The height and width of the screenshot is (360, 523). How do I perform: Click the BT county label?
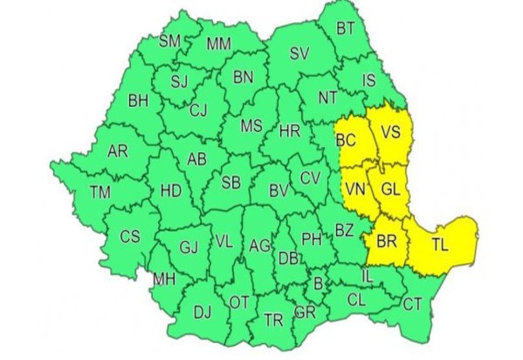(x=345, y=29)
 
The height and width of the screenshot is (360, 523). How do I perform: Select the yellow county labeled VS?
(x=390, y=133)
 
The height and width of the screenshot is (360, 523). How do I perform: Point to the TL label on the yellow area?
(x=440, y=245)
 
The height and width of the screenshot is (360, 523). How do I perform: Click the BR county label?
(x=386, y=242)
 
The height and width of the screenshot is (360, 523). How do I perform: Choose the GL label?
(x=390, y=190)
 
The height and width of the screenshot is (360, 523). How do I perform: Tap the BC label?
(x=346, y=141)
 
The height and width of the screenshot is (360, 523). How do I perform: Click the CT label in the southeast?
(x=412, y=305)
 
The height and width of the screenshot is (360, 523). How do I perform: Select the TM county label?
(x=99, y=193)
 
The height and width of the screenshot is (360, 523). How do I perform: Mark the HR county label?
(x=290, y=132)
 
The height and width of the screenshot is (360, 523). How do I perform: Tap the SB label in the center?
(x=231, y=183)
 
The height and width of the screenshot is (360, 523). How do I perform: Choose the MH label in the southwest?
(x=164, y=280)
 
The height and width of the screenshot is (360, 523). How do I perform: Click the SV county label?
(x=300, y=53)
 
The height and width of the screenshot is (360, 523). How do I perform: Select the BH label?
(x=138, y=101)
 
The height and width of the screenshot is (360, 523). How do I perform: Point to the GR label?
(x=304, y=312)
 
